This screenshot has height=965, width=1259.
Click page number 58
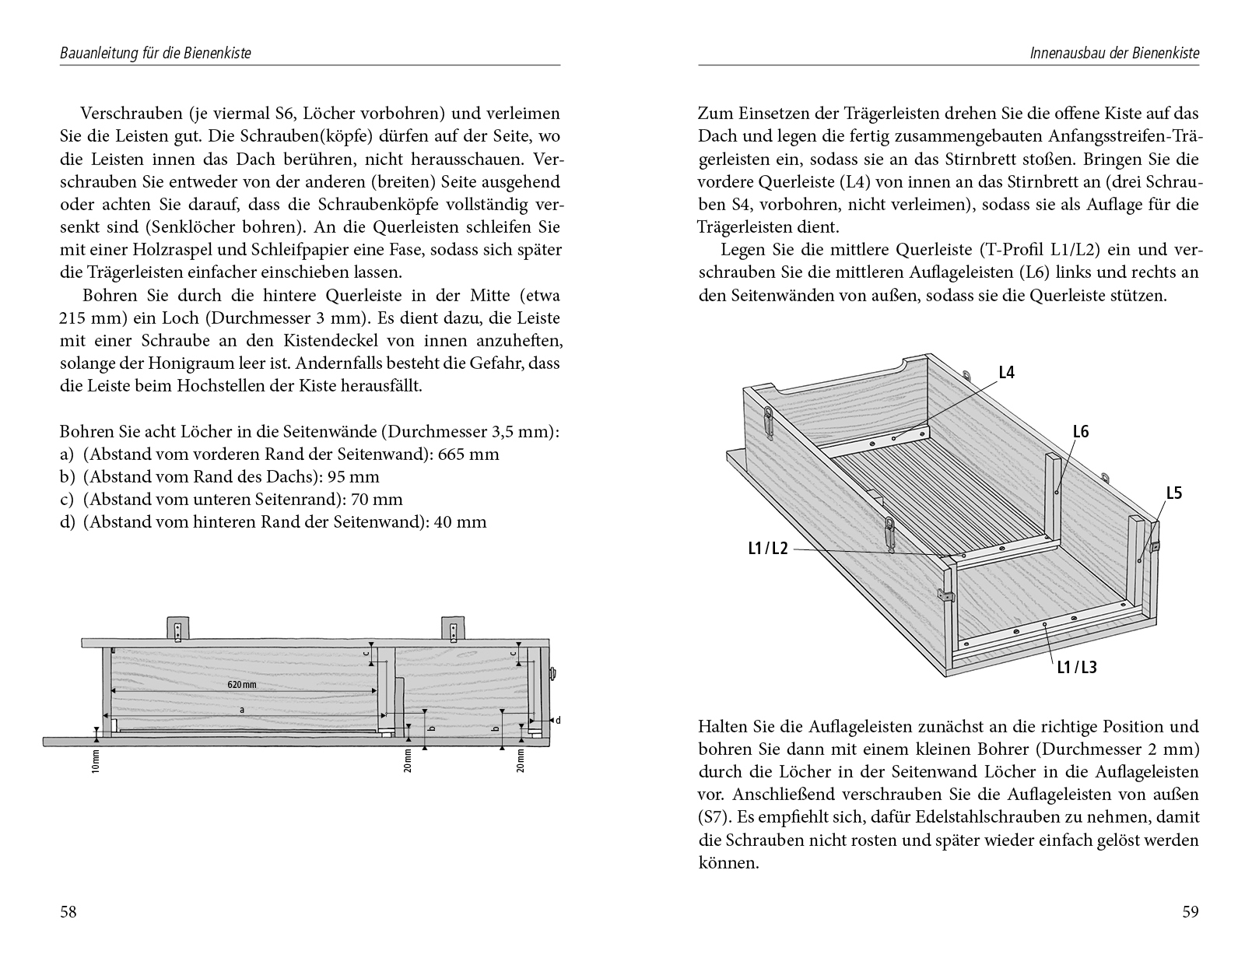coord(68,912)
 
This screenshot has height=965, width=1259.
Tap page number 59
coord(1191,912)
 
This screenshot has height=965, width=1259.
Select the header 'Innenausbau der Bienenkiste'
coord(1114,54)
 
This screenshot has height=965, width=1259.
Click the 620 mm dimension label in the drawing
coord(242,685)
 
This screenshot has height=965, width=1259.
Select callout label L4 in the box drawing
coord(1006,373)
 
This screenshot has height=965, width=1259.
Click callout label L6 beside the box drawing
coord(1081,431)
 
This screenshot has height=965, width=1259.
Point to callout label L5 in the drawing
coord(1174,493)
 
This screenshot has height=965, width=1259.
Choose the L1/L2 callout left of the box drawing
coord(768,549)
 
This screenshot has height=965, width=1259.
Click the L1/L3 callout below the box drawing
coord(1076,666)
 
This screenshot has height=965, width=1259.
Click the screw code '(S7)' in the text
coord(714,818)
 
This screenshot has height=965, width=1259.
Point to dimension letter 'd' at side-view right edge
coord(558,720)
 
